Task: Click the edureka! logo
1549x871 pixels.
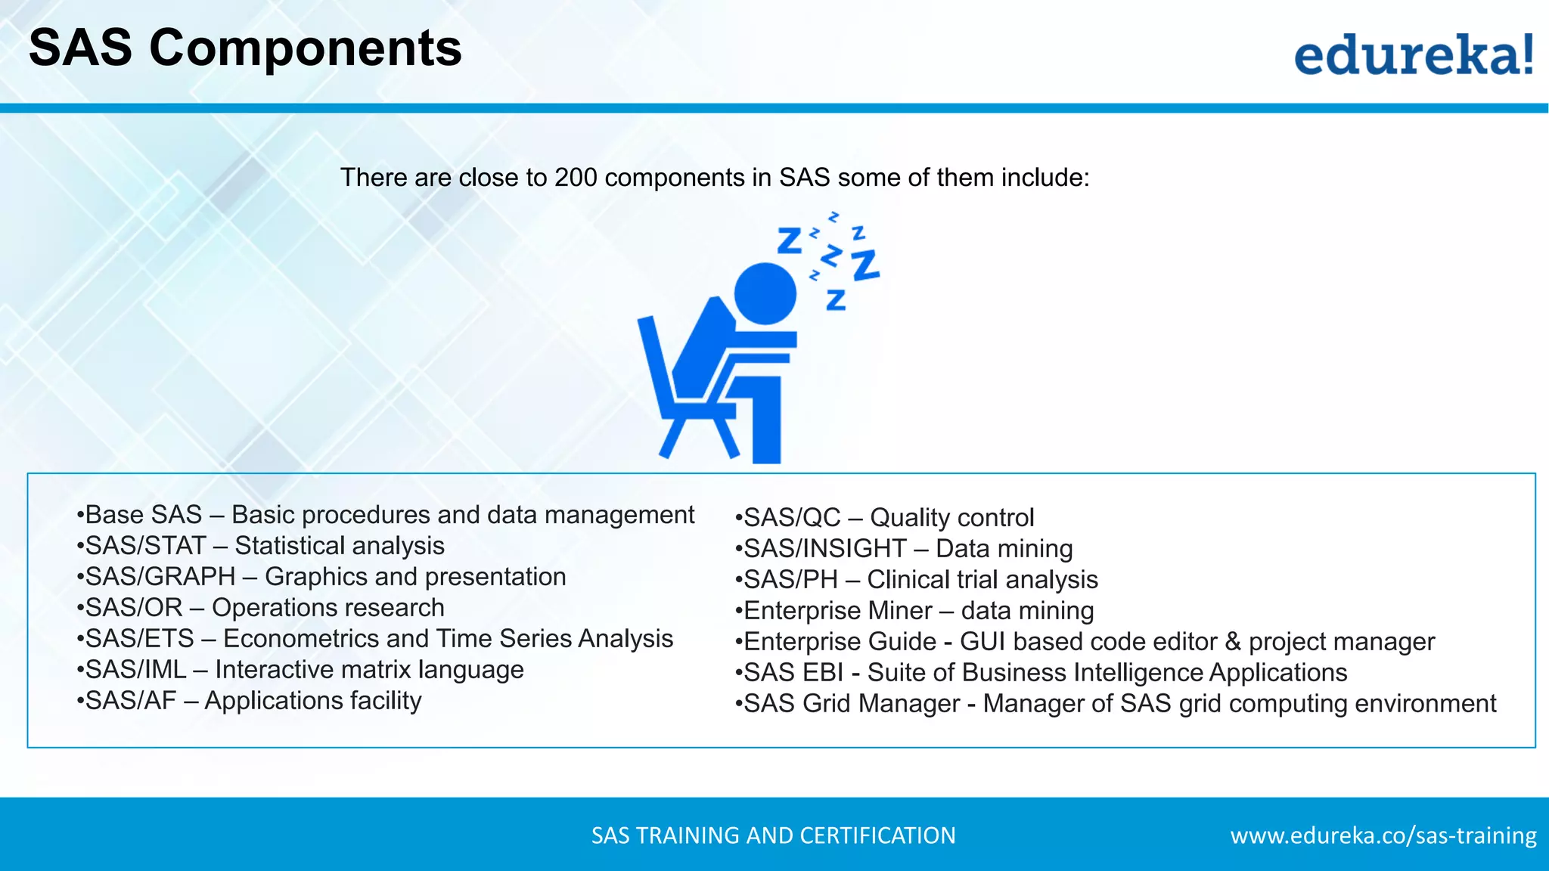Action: coord(1413,54)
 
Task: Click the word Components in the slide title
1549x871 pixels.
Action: coord(305,48)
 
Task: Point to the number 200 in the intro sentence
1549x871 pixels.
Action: coord(576,178)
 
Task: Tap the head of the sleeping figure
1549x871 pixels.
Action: coord(765,293)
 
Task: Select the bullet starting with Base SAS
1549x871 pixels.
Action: coord(386,515)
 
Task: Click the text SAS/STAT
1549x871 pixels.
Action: coord(145,546)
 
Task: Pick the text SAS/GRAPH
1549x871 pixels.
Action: coord(160,577)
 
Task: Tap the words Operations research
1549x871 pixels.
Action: coord(327,608)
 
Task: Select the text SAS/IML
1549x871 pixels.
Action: coord(135,670)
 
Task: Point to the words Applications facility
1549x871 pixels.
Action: coord(312,701)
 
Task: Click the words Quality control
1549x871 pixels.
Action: coord(951,518)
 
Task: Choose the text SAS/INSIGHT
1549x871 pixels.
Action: coord(824,549)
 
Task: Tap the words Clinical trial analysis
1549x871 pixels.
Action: coord(982,580)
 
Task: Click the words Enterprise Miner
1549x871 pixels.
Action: coord(837,611)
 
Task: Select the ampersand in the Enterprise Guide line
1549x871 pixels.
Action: coord(1233,642)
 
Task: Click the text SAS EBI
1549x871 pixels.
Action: coord(793,673)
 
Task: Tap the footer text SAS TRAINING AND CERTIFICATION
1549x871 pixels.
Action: coord(773,835)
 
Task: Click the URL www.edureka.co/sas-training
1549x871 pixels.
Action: coord(1383,835)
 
